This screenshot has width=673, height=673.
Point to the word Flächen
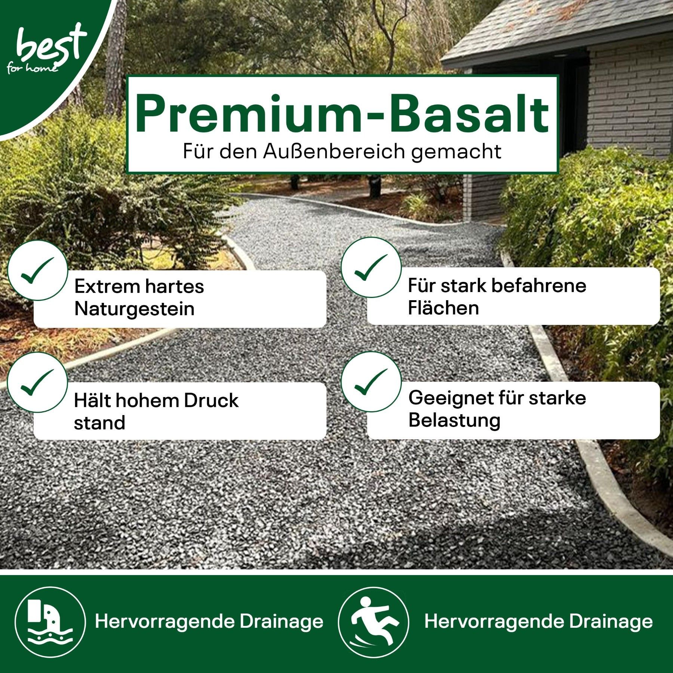(443, 308)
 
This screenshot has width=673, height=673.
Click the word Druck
(211, 400)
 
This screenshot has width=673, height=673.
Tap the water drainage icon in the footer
(50, 622)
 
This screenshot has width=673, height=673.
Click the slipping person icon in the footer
(374, 622)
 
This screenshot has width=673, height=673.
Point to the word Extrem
(107, 286)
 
